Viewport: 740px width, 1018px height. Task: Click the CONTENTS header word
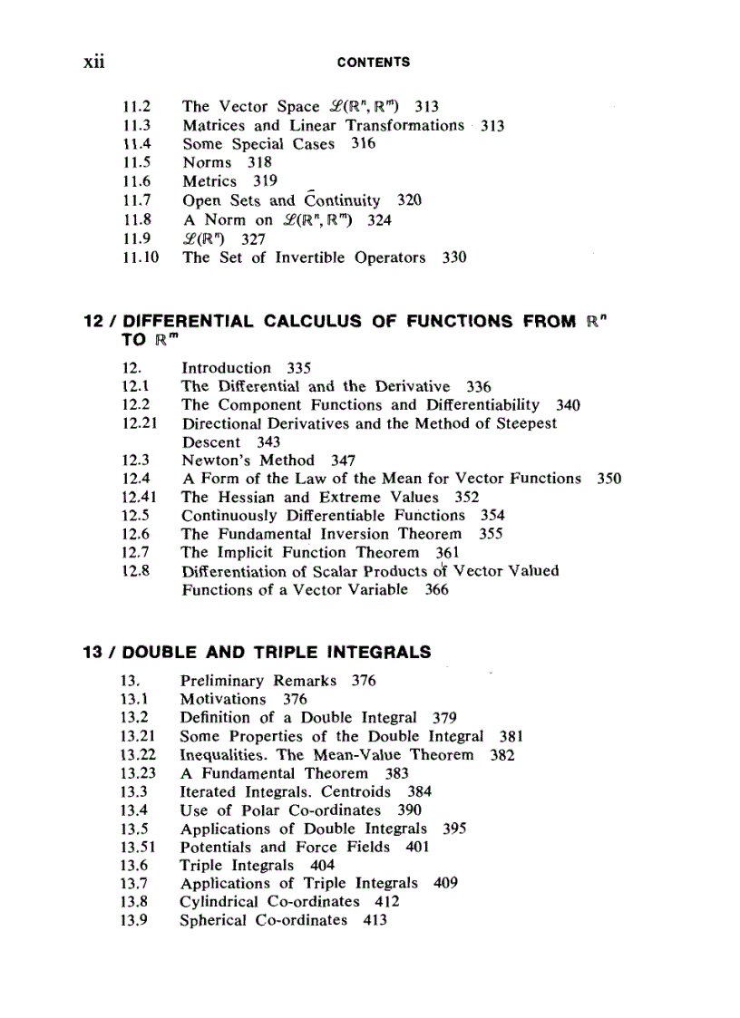[373, 63]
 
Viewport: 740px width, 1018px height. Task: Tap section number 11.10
[140, 257]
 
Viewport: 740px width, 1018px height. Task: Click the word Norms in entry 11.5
[207, 163]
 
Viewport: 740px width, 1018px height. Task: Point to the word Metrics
[209, 181]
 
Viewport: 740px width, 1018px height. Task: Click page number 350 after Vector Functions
[609, 478]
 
